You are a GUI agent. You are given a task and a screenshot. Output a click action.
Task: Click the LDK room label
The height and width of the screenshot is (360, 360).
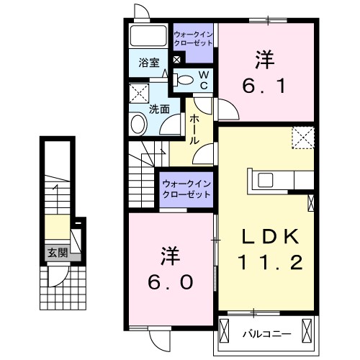click(266, 238)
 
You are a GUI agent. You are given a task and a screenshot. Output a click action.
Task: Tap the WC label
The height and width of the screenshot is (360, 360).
click(203, 79)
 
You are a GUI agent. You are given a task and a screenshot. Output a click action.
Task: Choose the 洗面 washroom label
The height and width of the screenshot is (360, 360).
click(159, 109)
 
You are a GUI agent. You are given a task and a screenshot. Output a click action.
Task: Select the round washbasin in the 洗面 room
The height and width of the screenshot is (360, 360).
click(138, 124)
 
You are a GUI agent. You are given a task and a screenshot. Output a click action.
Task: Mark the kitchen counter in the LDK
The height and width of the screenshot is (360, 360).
click(281, 179)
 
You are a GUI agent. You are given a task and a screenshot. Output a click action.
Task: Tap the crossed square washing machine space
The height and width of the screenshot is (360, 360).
click(138, 93)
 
